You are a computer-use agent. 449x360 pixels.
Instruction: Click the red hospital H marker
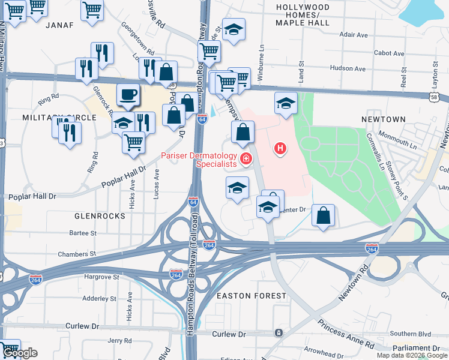pos(279,148)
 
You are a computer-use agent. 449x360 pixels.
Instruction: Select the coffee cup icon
pos(127,94)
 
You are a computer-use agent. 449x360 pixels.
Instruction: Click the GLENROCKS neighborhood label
pos(100,215)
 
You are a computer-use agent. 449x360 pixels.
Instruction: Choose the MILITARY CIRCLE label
pos(59,118)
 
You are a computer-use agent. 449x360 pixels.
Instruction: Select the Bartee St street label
pos(83,233)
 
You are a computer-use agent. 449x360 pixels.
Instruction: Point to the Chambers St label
pos(77,254)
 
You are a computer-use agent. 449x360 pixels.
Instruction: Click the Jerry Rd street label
pos(115,340)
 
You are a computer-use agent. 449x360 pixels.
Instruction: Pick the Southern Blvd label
pos(406,334)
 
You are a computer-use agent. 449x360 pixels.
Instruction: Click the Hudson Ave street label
pos(348,68)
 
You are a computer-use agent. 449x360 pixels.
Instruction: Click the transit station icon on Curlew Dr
pos(279,332)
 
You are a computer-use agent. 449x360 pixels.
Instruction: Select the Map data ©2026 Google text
pos(412,355)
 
